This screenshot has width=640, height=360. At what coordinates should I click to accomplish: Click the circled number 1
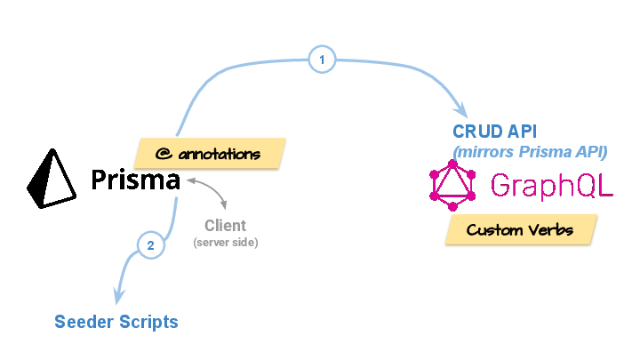pyautogui.click(x=322, y=60)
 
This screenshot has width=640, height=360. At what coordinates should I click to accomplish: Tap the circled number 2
pyautogui.click(x=150, y=245)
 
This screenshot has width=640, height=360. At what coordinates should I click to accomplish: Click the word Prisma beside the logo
pyautogui.click(x=136, y=180)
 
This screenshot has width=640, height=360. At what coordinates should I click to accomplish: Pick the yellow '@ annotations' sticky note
pyautogui.click(x=209, y=154)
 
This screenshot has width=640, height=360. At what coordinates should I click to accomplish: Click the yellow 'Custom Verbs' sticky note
pyautogui.click(x=520, y=230)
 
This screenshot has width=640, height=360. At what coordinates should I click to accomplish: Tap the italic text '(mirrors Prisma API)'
pyautogui.click(x=530, y=151)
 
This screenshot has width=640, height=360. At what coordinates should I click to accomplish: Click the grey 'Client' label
pyautogui.click(x=225, y=226)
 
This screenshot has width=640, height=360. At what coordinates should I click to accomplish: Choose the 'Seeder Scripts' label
pyautogui.click(x=116, y=322)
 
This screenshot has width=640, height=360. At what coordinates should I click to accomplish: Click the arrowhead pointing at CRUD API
pyautogui.click(x=461, y=111)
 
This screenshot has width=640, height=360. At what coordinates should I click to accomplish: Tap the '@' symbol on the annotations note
pyautogui.click(x=162, y=154)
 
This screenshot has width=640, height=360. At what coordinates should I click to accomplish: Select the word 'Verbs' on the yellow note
pyautogui.click(x=549, y=230)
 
